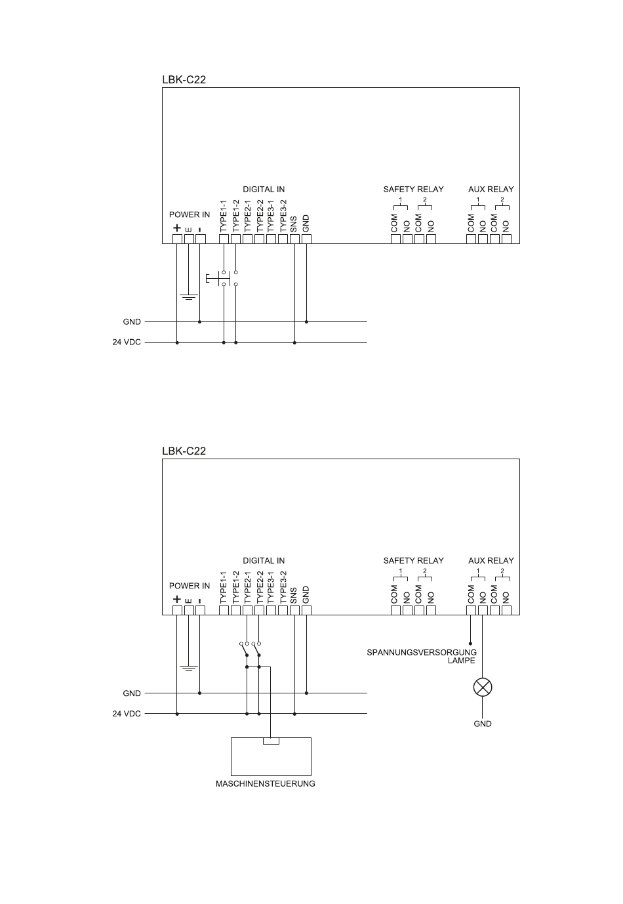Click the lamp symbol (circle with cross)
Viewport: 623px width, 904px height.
click(x=483, y=688)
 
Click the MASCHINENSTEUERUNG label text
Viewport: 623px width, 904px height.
click(x=266, y=784)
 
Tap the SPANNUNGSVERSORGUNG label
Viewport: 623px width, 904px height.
click(x=422, y=653)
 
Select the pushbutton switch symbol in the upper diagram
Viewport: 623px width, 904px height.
click(x=221, y=278)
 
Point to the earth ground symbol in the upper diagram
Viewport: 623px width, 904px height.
click(x=189, y=297)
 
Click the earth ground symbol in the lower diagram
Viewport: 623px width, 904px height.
click(x=189, y=668)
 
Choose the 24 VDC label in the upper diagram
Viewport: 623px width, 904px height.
click(x=127, y=342)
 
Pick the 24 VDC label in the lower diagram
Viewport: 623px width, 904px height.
click(x=127, y=714)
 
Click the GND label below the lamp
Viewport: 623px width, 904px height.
click(x=483, y=724)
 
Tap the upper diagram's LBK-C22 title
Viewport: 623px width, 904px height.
click(x=184, y=80)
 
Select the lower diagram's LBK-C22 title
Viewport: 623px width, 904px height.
click(x=184, y=451)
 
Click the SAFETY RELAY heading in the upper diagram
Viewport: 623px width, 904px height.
click(x=413, y=190)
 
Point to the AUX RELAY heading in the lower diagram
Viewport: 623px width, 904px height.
click(x=491, y=561)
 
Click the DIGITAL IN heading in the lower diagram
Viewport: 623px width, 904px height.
click(x=264, y=561)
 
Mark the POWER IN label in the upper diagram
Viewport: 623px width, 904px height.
click(x=190, y=215)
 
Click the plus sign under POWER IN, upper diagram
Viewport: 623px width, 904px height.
click(x=176, y=228)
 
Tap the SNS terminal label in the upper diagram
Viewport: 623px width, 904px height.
click(x=294, y=224)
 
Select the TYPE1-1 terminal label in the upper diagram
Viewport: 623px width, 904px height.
click(x=224, y=216)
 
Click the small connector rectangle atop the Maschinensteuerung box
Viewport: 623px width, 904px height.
click(x=271, y=741)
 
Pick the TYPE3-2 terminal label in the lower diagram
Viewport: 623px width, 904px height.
click(x=283, y=586)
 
